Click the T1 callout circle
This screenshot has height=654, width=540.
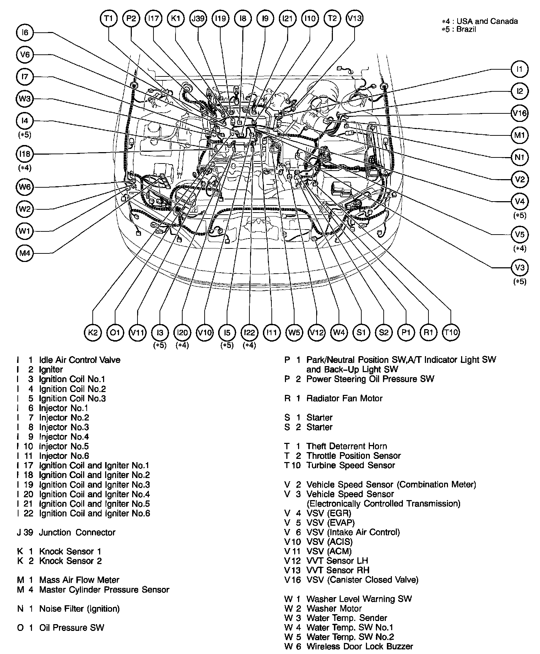click(x=109, y=18)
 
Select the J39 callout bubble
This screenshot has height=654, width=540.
click(x=198, y=18)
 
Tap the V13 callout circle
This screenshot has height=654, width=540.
click(x=354, y=18)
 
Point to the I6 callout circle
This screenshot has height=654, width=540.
click(x=25, y=33)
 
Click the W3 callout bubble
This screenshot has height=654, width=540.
click(x=25, y=98)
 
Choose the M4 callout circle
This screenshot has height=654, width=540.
click(x=25, y=253)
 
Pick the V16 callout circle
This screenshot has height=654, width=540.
click(x=519, y=113)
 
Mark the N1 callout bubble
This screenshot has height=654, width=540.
click(x=519, y=157)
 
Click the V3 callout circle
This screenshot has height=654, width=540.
click(x=519, y=267)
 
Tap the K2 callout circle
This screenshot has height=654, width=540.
click(x=93, y=332)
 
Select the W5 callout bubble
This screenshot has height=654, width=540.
click(x=294, y=332)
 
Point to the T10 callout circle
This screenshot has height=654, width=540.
click(x=451, y=332)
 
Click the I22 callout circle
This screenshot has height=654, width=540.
click(x=249, y=332)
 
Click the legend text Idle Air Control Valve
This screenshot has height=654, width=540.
click(x=80, y=360)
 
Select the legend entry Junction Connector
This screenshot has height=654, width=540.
click(x=77, y=532)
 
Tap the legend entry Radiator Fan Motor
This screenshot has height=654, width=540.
click(x=344, y=398)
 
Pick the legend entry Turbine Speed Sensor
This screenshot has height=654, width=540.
click(x=351, y=465)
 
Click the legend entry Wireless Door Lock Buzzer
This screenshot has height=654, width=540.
click(x=360, y=647)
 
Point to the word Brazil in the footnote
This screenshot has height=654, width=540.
click(x=466, y=29)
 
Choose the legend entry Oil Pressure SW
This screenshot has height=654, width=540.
click(x=72, y=628)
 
